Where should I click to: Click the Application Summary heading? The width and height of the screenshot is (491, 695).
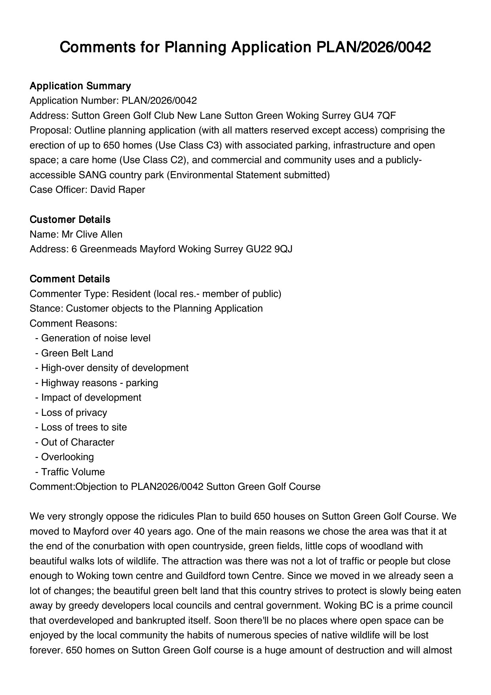(x=80, y=86)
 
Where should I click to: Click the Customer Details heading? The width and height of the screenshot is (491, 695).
(x=70, y=220)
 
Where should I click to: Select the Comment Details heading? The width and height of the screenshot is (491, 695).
(x=70, y=279)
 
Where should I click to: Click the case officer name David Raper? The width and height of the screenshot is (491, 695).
(x=118, y=190)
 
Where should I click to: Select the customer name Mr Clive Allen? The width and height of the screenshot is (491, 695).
(x=92, y=234)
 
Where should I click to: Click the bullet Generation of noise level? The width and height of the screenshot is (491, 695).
(x=95, y=338)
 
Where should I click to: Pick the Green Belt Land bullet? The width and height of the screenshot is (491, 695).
(x=77, y=353)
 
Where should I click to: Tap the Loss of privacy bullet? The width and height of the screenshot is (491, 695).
(x=74, y=413)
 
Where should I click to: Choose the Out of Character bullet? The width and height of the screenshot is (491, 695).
(x=78, y=442)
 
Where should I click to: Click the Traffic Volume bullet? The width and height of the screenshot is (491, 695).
(x=73, y=472)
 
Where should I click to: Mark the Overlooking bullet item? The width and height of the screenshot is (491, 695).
(x=67, y=457)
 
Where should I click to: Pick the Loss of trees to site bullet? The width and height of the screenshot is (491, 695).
(x=84, y=427)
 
